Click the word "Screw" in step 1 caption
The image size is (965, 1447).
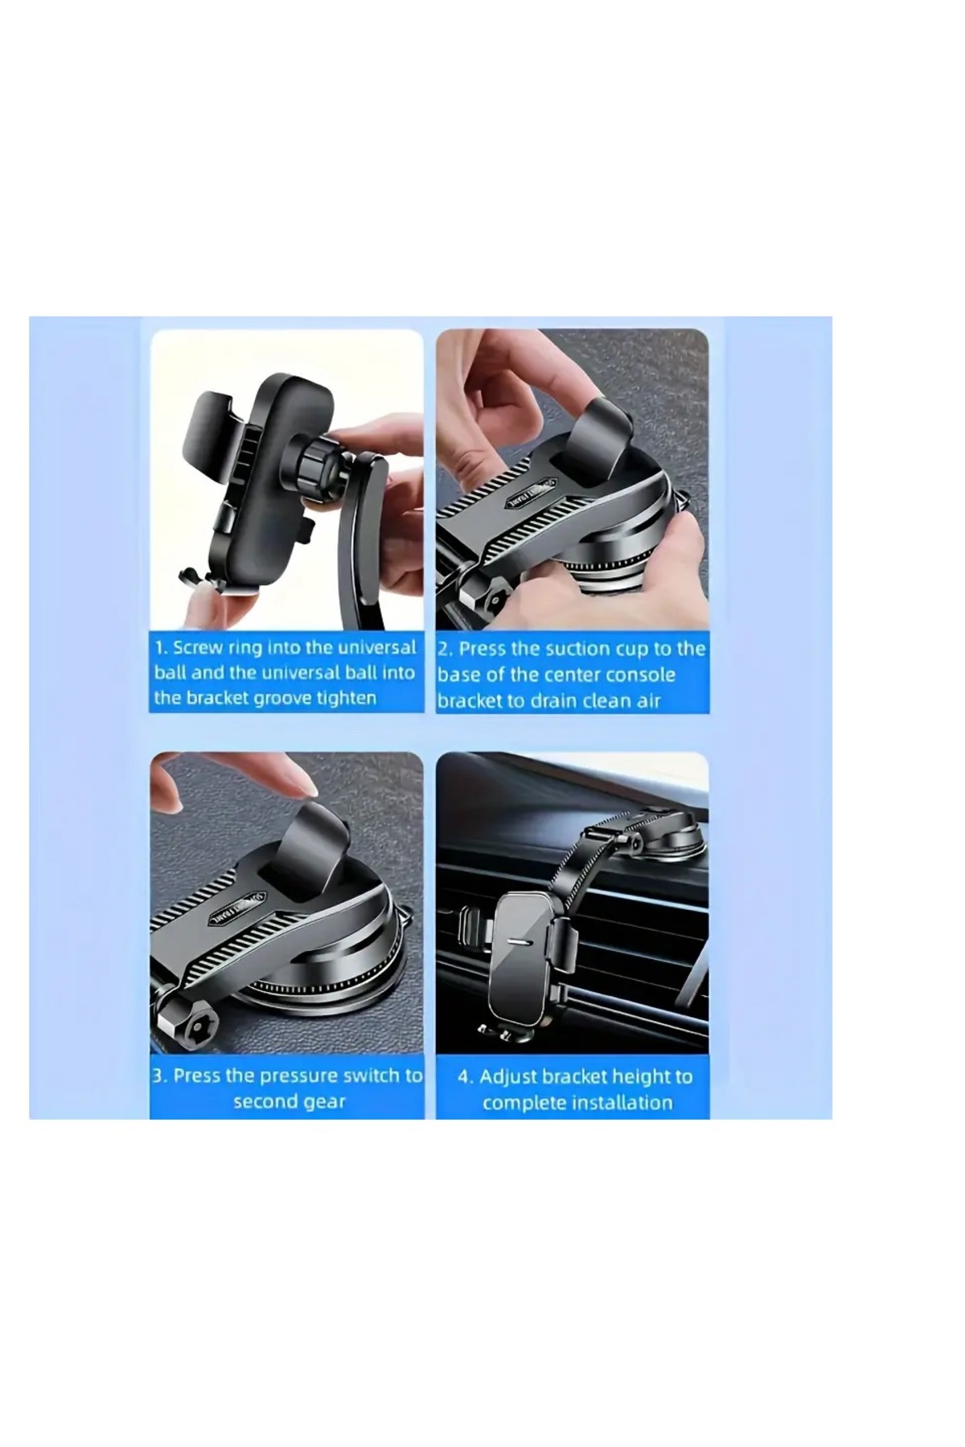[196, 648]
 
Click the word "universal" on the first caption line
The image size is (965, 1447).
[378, 648]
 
